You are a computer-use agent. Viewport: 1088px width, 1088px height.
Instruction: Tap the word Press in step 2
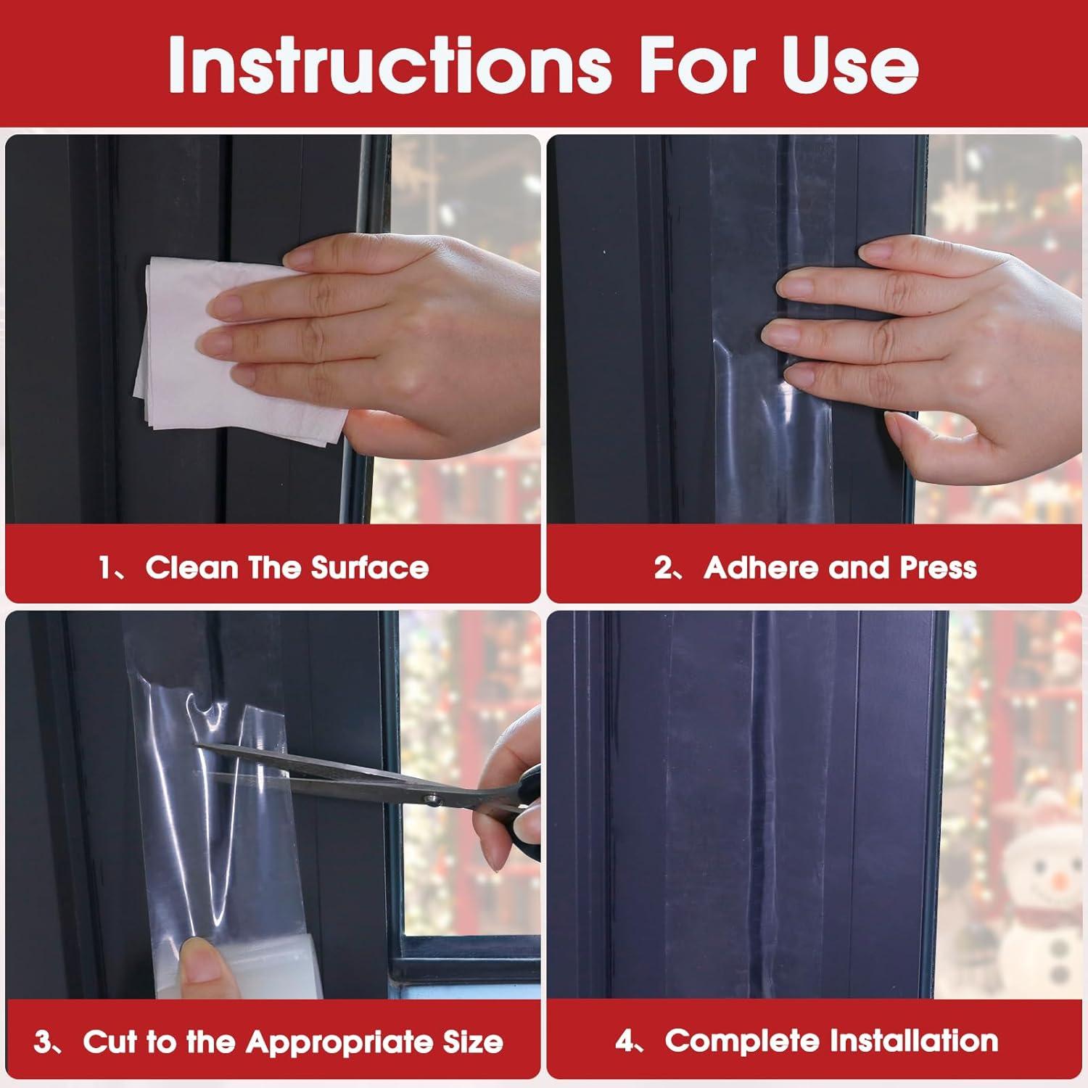(x=938, y=567)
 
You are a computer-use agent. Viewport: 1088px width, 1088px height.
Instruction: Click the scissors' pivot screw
(x=433, y=799)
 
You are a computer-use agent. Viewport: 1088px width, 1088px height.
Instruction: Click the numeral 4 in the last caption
(x=624, y=1042)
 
